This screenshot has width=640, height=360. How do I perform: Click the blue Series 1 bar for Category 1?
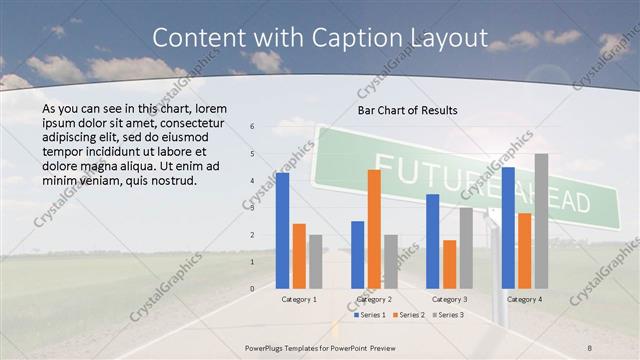click(282, 231)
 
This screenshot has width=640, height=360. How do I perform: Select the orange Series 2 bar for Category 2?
click(374, 229)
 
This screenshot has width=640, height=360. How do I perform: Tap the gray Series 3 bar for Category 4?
click(541, 221)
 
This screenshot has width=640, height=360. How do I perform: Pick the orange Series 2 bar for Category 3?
click(449, 264)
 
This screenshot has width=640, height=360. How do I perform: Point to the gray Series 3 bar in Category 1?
click(316, 262)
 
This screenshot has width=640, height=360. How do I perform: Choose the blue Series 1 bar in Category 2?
click(357, 255)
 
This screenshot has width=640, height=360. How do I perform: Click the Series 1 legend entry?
click(371, 315)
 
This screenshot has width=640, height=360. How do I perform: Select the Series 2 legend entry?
click(410, 315)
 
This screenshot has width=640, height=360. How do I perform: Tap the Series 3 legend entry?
click(449, 315)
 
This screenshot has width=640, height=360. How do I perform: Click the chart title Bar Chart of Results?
click(407, 109)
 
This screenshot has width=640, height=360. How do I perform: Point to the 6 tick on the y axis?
click(252, 127)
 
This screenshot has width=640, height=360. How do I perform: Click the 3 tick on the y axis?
click(252, 208)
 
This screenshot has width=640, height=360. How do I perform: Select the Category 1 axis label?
click(298, 299)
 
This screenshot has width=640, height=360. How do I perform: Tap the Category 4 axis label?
click(524, 299)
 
